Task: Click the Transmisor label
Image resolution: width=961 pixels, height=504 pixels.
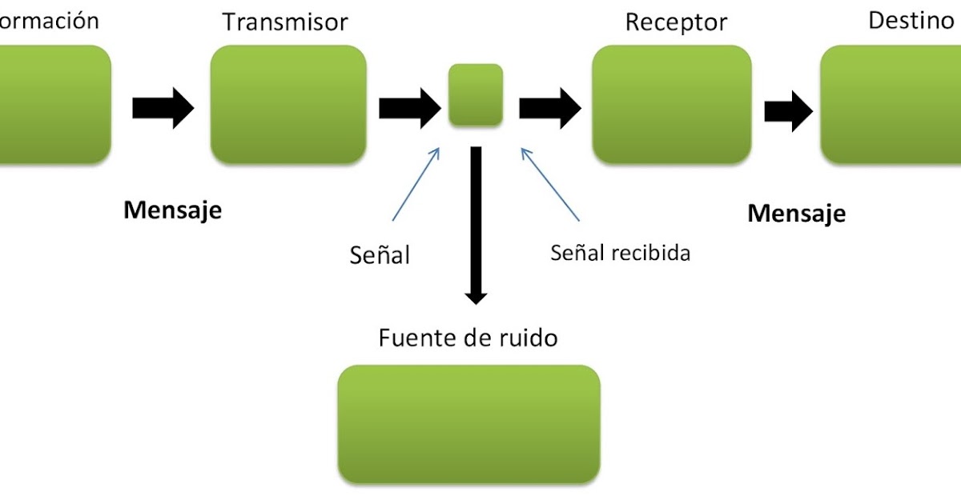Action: pos(286,22)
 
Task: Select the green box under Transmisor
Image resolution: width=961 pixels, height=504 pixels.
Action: pos(288,104)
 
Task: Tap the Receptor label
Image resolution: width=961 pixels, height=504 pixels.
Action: pos(676,22)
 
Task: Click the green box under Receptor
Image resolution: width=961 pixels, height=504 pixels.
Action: pos(671,104)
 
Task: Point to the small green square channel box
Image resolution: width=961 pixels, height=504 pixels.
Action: pos(476,95)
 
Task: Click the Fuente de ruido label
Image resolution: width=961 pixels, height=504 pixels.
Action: pos(468,338)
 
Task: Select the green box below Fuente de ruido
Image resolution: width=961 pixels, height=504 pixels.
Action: pos(468,423)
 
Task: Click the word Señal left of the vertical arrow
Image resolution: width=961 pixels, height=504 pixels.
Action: pos(380,255)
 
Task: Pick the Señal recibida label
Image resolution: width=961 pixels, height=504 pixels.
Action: pos(620,253)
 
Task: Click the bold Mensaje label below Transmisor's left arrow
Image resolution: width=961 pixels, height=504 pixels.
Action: pos(171,211)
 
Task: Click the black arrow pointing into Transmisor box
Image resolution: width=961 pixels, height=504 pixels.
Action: pos(163,107)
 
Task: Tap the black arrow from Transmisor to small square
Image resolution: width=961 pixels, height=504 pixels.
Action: pos(409,107)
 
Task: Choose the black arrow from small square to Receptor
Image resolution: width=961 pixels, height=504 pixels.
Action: pos(549,107)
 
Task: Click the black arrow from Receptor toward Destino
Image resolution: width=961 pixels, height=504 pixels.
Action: pos(789,110)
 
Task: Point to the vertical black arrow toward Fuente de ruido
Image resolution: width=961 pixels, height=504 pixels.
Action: pos(476,224)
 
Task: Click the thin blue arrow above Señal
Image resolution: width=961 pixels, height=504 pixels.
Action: pos(416,183)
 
